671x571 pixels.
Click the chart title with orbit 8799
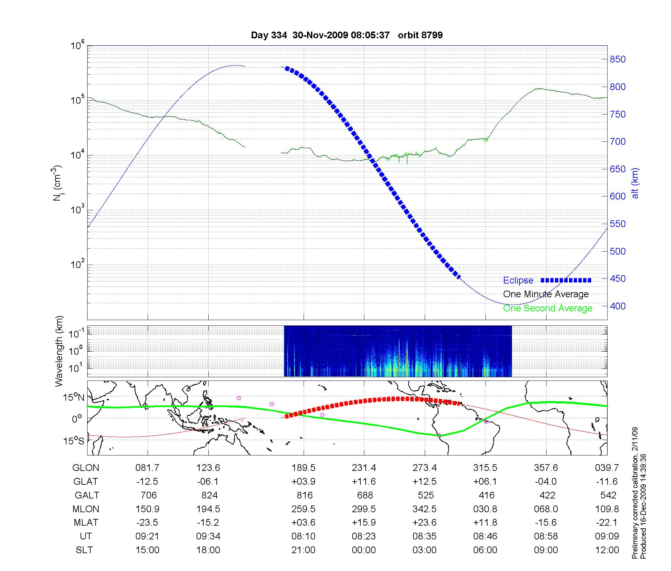click(x=347, y=35)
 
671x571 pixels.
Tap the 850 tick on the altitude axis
click(x=617, y=59)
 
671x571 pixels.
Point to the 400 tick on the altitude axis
click(x=617, y=306)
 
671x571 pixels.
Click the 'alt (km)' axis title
click(x=635, y=183)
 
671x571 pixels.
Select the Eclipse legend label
click(x=518, y=280)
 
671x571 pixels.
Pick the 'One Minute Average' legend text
click(x=546, y=294)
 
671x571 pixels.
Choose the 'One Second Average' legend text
click(x=548, y=308)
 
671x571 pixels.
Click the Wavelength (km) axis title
click(x=59, y=351)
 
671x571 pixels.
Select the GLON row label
click(x=86, y=468)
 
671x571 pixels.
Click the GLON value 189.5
click(x=303, y=468)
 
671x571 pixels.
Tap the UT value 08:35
click(x=424, y=536)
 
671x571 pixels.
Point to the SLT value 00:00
click(x=364, y=550)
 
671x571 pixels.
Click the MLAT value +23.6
click(x=424, y=523)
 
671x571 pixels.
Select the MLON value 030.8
click(x=485, y=509)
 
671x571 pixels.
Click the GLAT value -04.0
click(x=546, y=482)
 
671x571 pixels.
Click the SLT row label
click(x=84, y=550)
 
